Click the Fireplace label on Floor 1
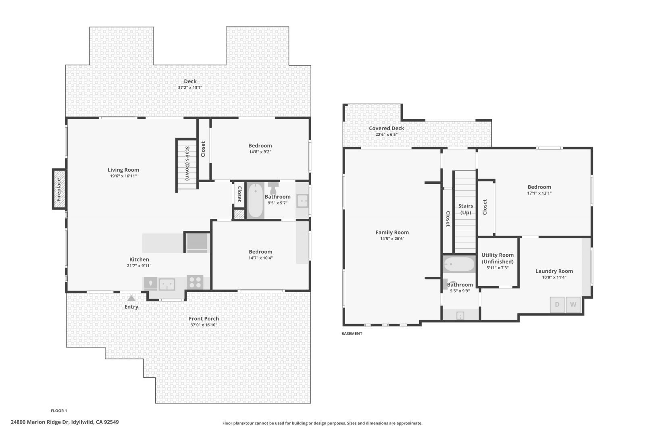click(59, 189)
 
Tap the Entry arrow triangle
click(131, 299)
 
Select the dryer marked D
click(557, 305)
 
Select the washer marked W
click(573, 305)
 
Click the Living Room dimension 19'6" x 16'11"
click(123, 176)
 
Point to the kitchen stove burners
click(195, 282)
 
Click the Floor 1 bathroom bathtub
click(255, 200)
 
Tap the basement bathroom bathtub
click(459, 265)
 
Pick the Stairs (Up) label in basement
click(465, 209)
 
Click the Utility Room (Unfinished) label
click(497, 258)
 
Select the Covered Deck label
click(386, 128)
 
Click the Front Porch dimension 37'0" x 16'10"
click(204, 325)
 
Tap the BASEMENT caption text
click(352, 334)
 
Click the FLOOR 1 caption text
click(59, 411)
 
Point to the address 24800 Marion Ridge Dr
click(64, 422)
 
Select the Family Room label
click(392, 232)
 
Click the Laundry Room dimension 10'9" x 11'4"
click(554, 277)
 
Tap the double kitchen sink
click(166, 284)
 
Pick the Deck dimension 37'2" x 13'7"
click(190, 87)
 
